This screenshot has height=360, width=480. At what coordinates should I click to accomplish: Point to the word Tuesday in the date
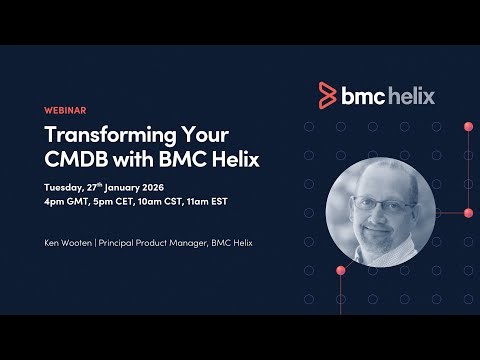[68, 187]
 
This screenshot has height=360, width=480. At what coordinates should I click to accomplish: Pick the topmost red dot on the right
[468, 127]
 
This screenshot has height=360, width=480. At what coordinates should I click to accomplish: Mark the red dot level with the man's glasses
[468, 212]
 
